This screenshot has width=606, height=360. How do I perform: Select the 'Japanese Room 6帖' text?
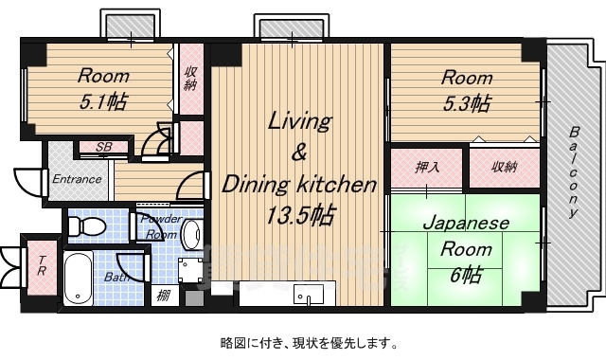tap(465, 249)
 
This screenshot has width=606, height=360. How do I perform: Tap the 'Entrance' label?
tap(77, 178)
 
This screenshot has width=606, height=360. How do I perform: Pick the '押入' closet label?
tap(427, 168)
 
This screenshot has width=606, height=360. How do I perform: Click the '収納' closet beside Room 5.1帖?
tap(191, 78)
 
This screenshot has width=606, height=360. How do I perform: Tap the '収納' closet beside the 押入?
tap(505, 168)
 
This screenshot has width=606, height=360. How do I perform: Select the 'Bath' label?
tap(117, 278)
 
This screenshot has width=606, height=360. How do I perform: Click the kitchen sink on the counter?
tap(309, 294)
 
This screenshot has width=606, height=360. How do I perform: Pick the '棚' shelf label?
tap(163, 295)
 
